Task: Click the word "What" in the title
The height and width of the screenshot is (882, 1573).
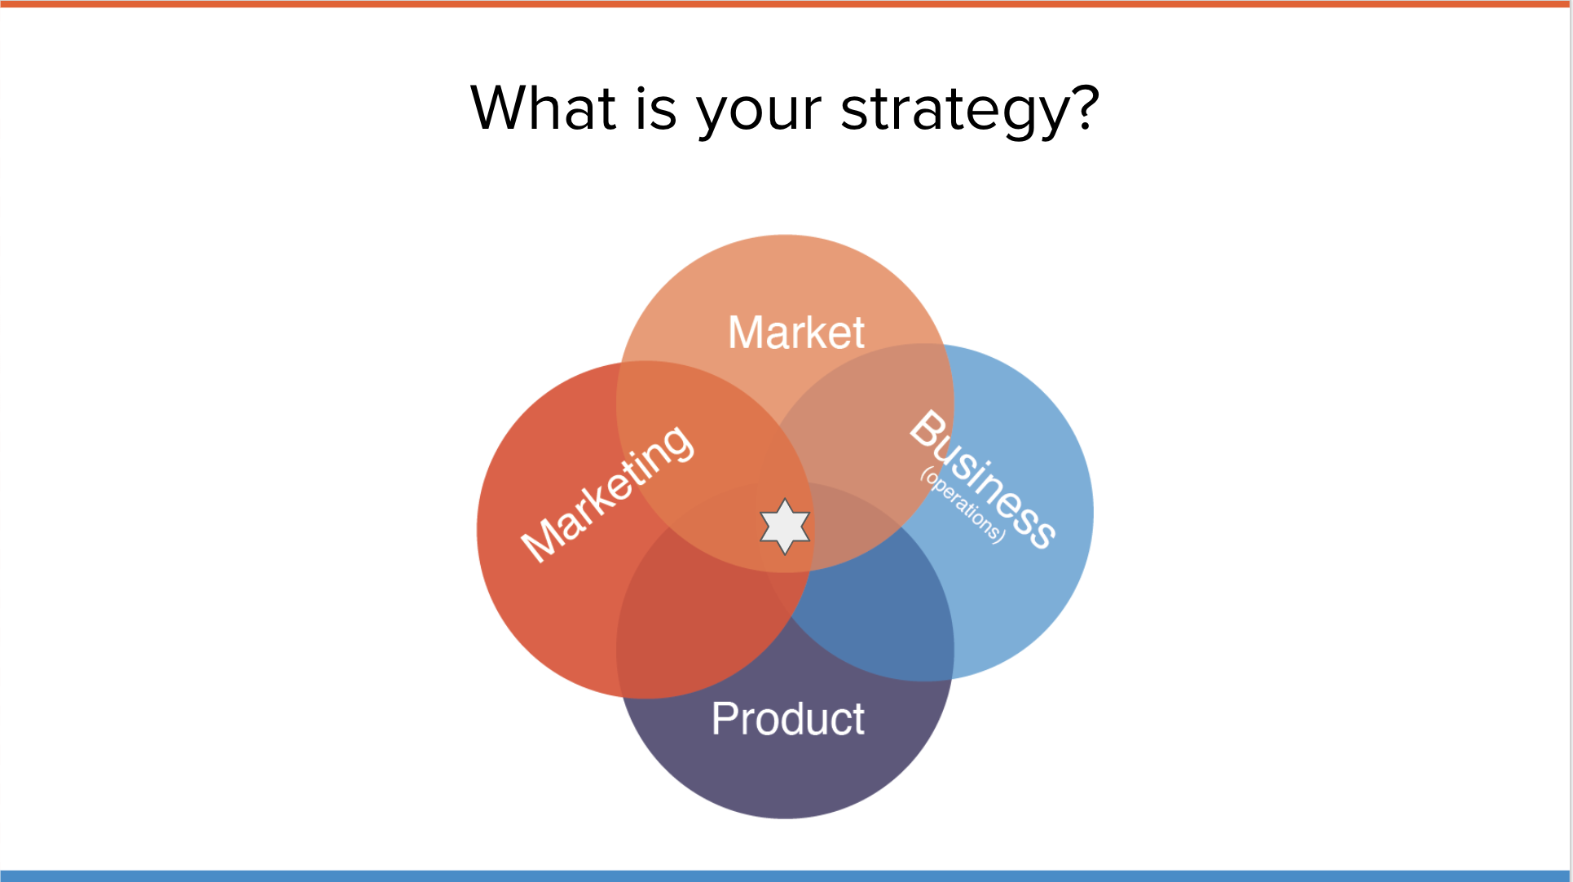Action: click(543, 108)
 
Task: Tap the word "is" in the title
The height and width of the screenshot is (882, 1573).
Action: click(656, 108)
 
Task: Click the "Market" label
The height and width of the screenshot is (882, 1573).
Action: click(796, 333)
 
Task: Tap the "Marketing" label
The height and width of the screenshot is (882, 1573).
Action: click(607, 493)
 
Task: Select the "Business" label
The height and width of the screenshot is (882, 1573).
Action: click(983, 479)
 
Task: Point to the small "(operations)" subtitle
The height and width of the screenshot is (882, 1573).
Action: click(963, 505)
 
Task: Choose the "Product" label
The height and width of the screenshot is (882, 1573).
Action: click(788, 719)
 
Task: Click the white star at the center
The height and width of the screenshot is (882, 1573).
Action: click(785, 527)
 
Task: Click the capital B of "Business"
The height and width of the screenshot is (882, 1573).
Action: click(928, 429)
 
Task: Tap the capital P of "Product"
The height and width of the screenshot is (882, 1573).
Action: click(725, 719)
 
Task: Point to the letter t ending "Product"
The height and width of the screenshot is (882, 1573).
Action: click(858, 720)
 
